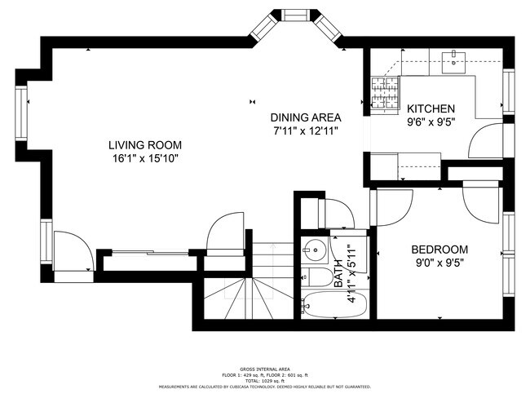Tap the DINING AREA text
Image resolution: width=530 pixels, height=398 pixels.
point(306,117)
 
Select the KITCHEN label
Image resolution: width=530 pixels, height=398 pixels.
point(431,108)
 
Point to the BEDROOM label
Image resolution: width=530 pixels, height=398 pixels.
point(439,250)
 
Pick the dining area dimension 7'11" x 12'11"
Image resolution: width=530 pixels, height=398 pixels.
point(306,130)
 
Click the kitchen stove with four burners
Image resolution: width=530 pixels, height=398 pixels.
point(385,91)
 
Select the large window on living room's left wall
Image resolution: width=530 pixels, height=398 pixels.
point(22,109)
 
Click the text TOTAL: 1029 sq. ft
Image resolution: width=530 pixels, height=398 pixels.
point(265,381)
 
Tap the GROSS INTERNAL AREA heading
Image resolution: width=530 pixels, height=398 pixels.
point(265,369)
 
